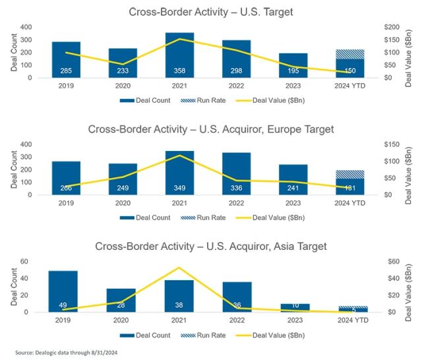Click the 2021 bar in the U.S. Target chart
coord(179,55)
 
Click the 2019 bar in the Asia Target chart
coord(63,291)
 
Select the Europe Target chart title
coord(211,129)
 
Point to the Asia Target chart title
coord(211,247)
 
